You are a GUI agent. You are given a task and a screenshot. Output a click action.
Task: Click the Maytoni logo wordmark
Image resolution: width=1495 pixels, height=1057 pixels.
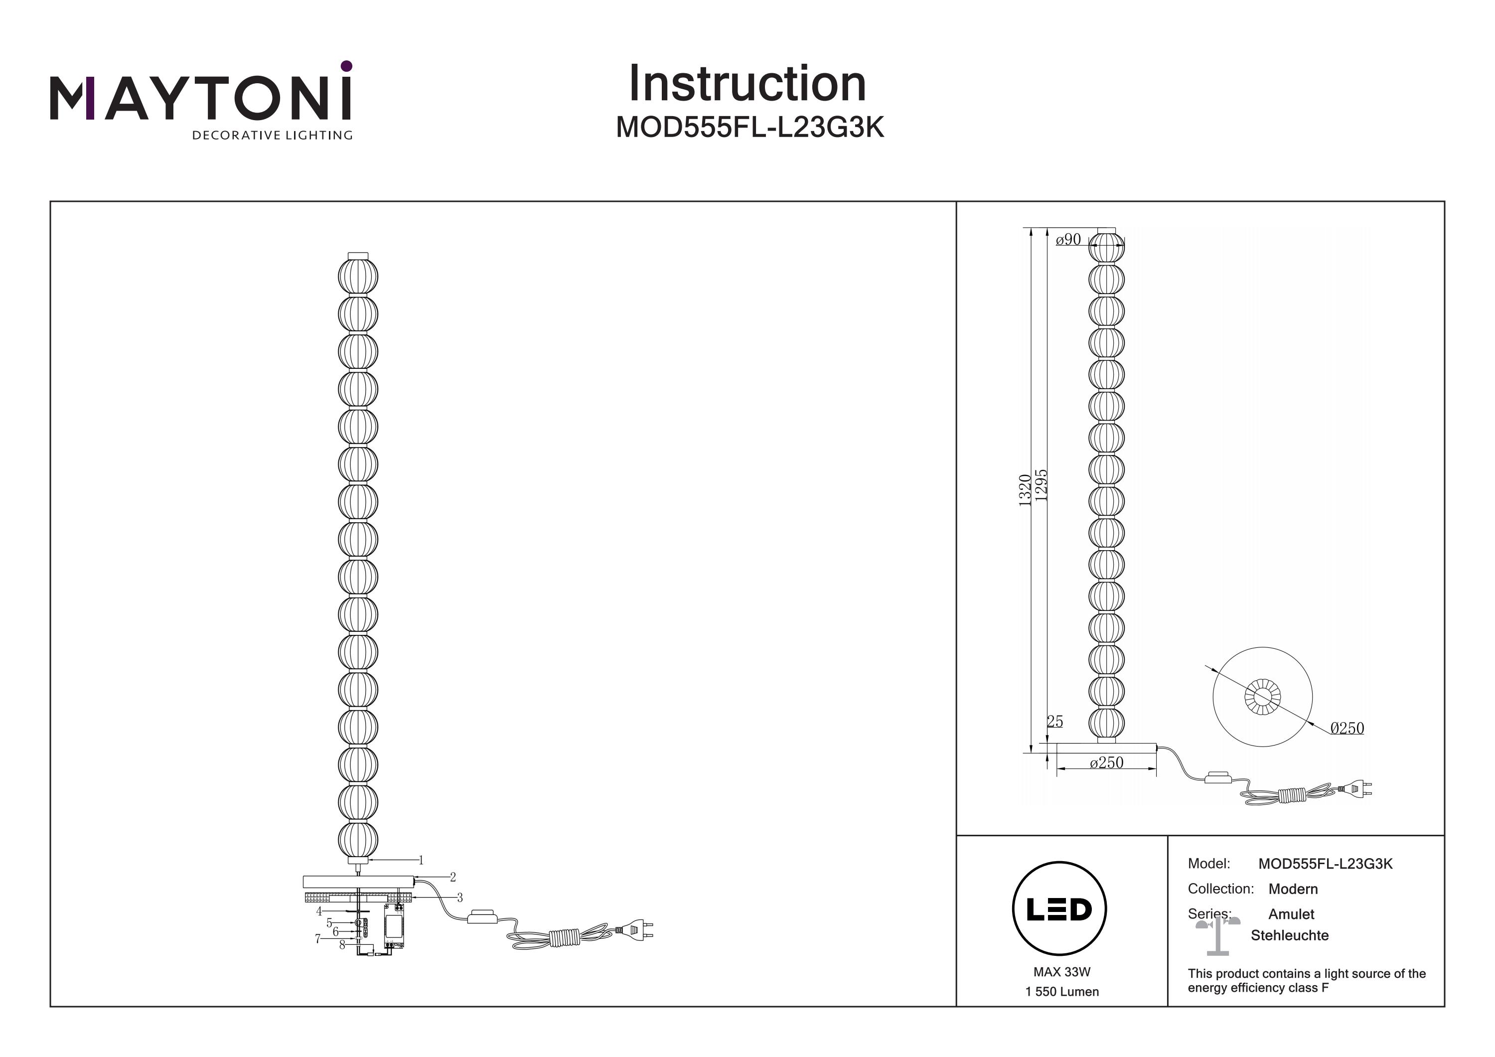pyautogui.click(x=200, y=99)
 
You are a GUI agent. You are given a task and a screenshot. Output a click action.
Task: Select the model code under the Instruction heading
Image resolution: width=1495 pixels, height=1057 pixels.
pyautogui.click(x=749, y=128)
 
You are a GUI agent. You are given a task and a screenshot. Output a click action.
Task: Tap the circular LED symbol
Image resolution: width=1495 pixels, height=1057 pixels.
pyautogui.click(x=1059, y=909)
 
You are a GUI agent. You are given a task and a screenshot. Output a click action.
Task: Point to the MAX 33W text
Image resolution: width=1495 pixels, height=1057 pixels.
pyautogui.click(x=1061, y=972)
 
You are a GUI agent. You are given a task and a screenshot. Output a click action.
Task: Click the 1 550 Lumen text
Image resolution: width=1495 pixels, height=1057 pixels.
pyautogui.click(x=1061, y=992)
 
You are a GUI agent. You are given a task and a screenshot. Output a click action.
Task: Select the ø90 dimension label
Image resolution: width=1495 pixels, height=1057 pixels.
pyautogui.click(x=1068, y=240)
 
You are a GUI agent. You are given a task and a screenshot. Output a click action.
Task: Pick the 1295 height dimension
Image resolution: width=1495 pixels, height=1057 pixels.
pyautogui.click(x=1041, y=485)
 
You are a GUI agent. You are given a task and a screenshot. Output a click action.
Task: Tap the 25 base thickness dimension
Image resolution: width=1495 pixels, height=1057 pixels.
pyautogui.click(x=1055, y=722)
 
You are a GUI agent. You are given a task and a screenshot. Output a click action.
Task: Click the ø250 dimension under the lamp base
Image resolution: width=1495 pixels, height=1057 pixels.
pyautogui.click(x=1106, y=762)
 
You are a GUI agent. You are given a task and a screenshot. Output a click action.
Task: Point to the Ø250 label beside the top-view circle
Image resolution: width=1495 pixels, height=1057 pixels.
pyautogui.click(x=1346, y=728)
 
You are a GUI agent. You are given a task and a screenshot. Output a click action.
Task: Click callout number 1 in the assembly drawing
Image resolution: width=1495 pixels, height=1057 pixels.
pyautogui.click(x=421, y=860)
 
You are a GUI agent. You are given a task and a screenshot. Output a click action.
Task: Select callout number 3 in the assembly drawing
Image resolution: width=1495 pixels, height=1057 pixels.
pyautogui.click(x=459, y=898)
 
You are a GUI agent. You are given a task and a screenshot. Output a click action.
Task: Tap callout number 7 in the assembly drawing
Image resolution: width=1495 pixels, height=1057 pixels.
pyautogui.click(x=318, y=938)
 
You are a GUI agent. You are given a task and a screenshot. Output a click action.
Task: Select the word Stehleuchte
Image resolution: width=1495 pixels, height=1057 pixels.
pyautogui.click(x=1289, y=936)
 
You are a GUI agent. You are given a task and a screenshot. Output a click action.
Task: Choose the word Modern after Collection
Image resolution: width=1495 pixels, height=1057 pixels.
pyautogui.click(x=1293, y=889)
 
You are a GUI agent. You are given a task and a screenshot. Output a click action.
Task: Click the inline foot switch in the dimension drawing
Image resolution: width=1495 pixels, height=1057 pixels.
pyautogui.click(x=1217, y=777)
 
